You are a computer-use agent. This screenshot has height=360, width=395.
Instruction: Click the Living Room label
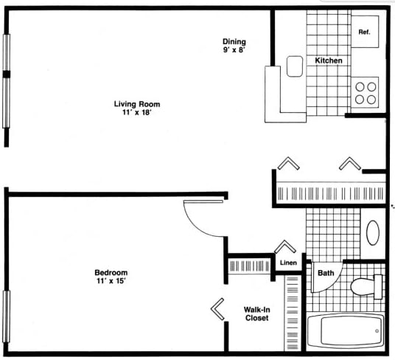pyautogui.click(x=136, y=104)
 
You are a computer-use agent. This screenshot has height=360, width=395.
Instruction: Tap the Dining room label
pyautogui.click(x=234, y=41)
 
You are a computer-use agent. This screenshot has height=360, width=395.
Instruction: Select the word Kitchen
pyautogui.click(x=328, y=60)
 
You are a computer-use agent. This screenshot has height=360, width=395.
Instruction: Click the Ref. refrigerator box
pyautogui.click(x=364, y=32)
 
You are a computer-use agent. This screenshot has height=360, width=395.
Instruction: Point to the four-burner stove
pyautogui.click(x=366, y=92)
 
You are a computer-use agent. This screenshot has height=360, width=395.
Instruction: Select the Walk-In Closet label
pyautogui.click(x=256, y=314)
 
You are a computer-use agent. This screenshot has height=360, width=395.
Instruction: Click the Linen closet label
pyautogui.click(x=288, y=263)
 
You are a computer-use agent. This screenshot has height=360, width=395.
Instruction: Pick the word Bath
pyautogui.click(x=326, y=274)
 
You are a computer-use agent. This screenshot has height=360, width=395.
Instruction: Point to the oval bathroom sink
pyautogui.click(x=373, y=232)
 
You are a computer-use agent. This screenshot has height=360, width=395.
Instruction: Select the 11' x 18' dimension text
pyautogui.click(x=136, y=114)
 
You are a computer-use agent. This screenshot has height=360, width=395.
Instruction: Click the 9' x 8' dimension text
pyautogui.click(x=234, y=51)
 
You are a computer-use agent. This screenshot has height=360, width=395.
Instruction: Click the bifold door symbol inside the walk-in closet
pyautogui.click(x=218, y=309)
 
